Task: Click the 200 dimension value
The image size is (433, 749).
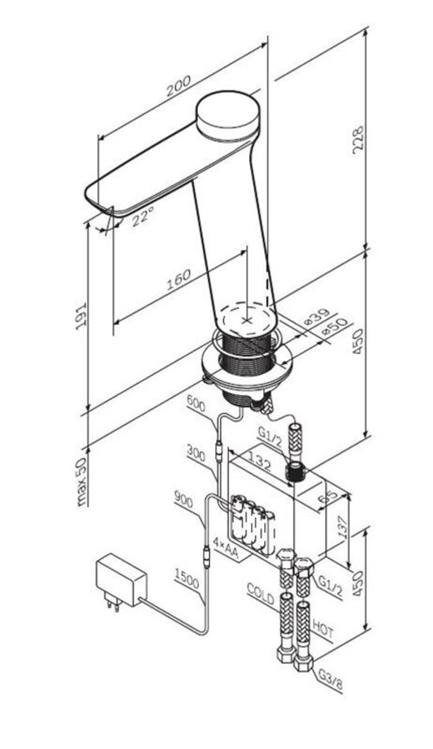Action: click(179, 85)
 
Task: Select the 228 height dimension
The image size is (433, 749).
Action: click(358, 140)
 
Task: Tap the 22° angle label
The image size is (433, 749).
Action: click(143, 216)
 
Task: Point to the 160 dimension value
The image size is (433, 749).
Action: click(179, 279)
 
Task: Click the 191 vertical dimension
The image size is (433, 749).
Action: click(81, 315)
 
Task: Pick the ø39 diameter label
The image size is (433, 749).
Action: click(318, 317)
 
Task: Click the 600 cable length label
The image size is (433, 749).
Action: click(196, 404)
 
